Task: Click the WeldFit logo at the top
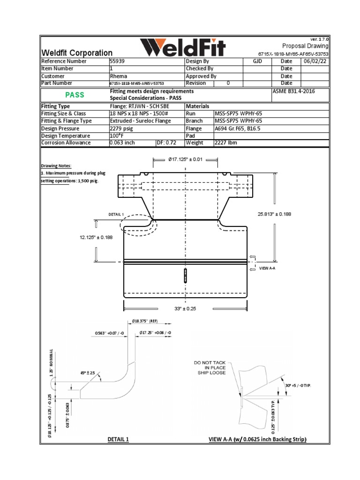(x=183, y=47)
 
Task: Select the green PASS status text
(x=75, y=95)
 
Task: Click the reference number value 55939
(x=117, y=61)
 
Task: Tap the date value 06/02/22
(x=315, y=61)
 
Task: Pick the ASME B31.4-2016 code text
(x=293, y=91)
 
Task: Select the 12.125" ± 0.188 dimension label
(x=96, y=237)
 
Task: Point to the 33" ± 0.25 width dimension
(x=186, y=308)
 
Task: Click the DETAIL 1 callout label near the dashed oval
(x=116, y=214)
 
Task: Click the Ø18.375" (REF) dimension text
(x=148, y=321)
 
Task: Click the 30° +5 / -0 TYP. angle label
(x=298, y=385)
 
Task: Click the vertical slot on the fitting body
(x=186, y=276)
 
